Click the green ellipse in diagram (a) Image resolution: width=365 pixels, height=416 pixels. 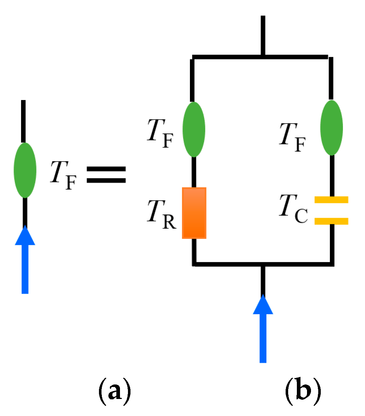point(25,170)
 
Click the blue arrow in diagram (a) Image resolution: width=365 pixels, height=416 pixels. point(25,261)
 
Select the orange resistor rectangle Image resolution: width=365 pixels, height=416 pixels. point(194,213)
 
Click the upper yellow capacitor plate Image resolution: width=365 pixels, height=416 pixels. point(331,200)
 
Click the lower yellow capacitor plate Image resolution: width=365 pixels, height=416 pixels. point(331,221)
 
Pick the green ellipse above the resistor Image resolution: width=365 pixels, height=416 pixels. point(194,129)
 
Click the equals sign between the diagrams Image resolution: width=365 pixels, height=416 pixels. point(106,174)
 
